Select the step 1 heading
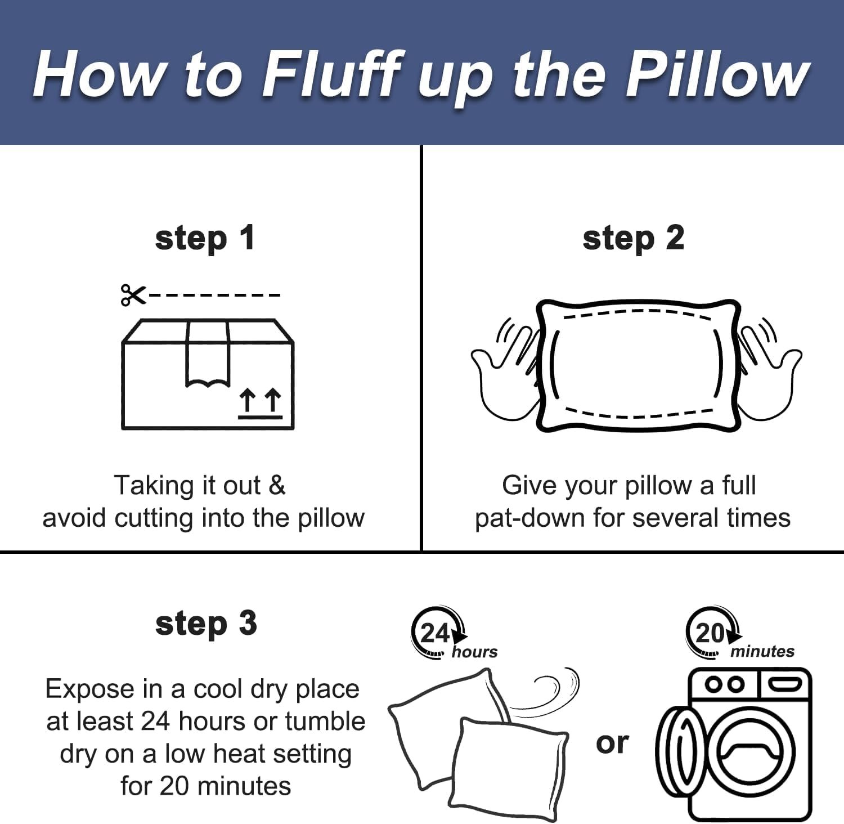205,238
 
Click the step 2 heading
634,238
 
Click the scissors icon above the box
133,295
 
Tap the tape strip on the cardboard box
208,353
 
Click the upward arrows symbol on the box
260,403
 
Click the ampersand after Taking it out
277,485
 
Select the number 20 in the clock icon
710,633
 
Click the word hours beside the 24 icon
475,652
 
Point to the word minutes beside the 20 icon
762,651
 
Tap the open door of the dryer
677,751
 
